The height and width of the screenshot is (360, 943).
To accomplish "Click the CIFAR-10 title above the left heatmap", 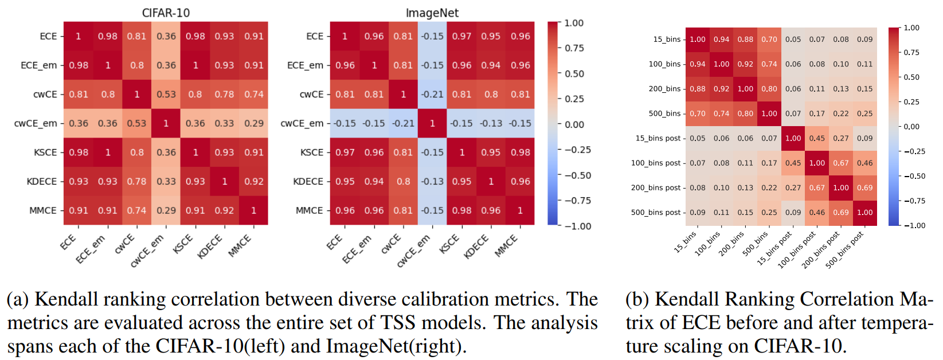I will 166,13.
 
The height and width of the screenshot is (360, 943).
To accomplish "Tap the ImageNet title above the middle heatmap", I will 432,13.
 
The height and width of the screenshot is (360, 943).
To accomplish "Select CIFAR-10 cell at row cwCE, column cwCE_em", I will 166,94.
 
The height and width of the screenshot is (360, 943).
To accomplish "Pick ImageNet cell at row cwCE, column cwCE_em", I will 432,94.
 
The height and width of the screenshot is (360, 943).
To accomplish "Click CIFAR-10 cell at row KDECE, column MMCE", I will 253,181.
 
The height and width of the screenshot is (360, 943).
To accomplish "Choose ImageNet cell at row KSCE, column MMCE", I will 520,152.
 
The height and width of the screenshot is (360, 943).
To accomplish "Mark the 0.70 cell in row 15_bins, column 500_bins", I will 769,40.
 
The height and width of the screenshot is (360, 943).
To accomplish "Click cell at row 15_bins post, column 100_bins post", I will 817,138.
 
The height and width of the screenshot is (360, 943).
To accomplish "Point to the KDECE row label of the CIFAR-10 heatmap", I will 42,181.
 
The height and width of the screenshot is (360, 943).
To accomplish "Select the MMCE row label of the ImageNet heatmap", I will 309,210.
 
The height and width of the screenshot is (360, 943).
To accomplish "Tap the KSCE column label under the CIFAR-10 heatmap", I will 183,244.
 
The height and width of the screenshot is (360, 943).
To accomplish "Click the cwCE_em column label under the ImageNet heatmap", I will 413,251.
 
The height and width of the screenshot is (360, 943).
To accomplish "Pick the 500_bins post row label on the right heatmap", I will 655,212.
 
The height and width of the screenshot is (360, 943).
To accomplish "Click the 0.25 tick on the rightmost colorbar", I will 911,102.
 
